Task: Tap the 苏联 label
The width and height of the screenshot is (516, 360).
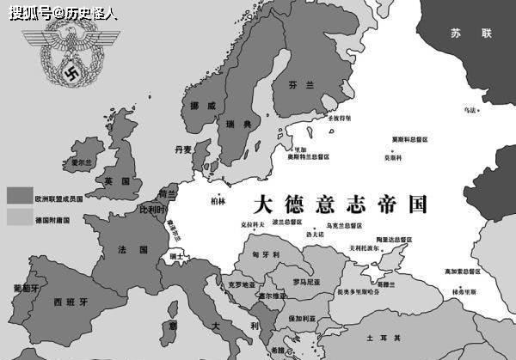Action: point(470,33)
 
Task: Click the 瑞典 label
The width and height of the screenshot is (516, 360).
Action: point(239,124)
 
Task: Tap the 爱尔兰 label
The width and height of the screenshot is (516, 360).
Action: point(81,162)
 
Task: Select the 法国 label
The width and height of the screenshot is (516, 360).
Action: point(126,249)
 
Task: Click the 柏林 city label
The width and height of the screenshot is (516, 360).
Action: point(218,201)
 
